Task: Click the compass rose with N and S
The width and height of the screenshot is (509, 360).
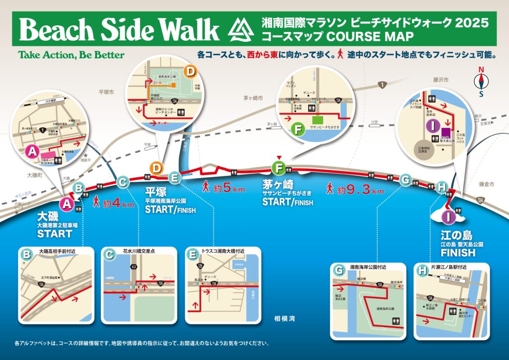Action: (x=481, y=82)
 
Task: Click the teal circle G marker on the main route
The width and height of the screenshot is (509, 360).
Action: (x=406, y=180)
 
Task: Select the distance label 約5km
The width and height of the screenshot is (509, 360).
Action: (x=224, y=188)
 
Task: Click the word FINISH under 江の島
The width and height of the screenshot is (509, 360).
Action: (x=458, y=253)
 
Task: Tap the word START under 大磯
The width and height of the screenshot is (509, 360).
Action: (x=55, y=234)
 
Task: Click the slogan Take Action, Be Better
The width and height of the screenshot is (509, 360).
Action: (x=71, y=55)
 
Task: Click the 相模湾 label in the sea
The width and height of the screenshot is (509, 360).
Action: (x=285, y=318)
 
